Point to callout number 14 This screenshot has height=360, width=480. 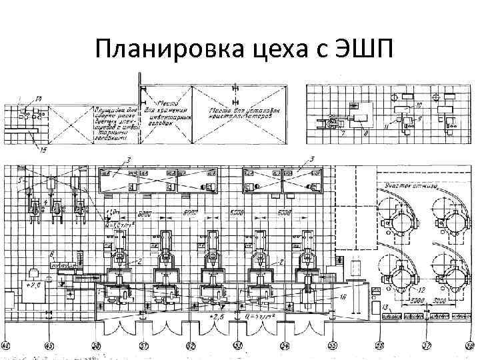(x=38, y=99)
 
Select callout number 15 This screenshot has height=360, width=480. (x=44, y=151)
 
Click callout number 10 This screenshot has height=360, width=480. (x=419, y=105)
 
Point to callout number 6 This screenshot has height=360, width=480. (x=51, y=255)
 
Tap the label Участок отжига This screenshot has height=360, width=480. (x=409, y=186)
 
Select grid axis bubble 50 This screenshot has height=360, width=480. (x=96, y=346)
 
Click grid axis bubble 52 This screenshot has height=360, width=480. (x=191, y=346)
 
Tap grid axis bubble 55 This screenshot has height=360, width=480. (x=332, y=346)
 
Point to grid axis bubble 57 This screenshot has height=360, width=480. (x=427, y=346)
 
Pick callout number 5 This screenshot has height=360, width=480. (x=20, y=180)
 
